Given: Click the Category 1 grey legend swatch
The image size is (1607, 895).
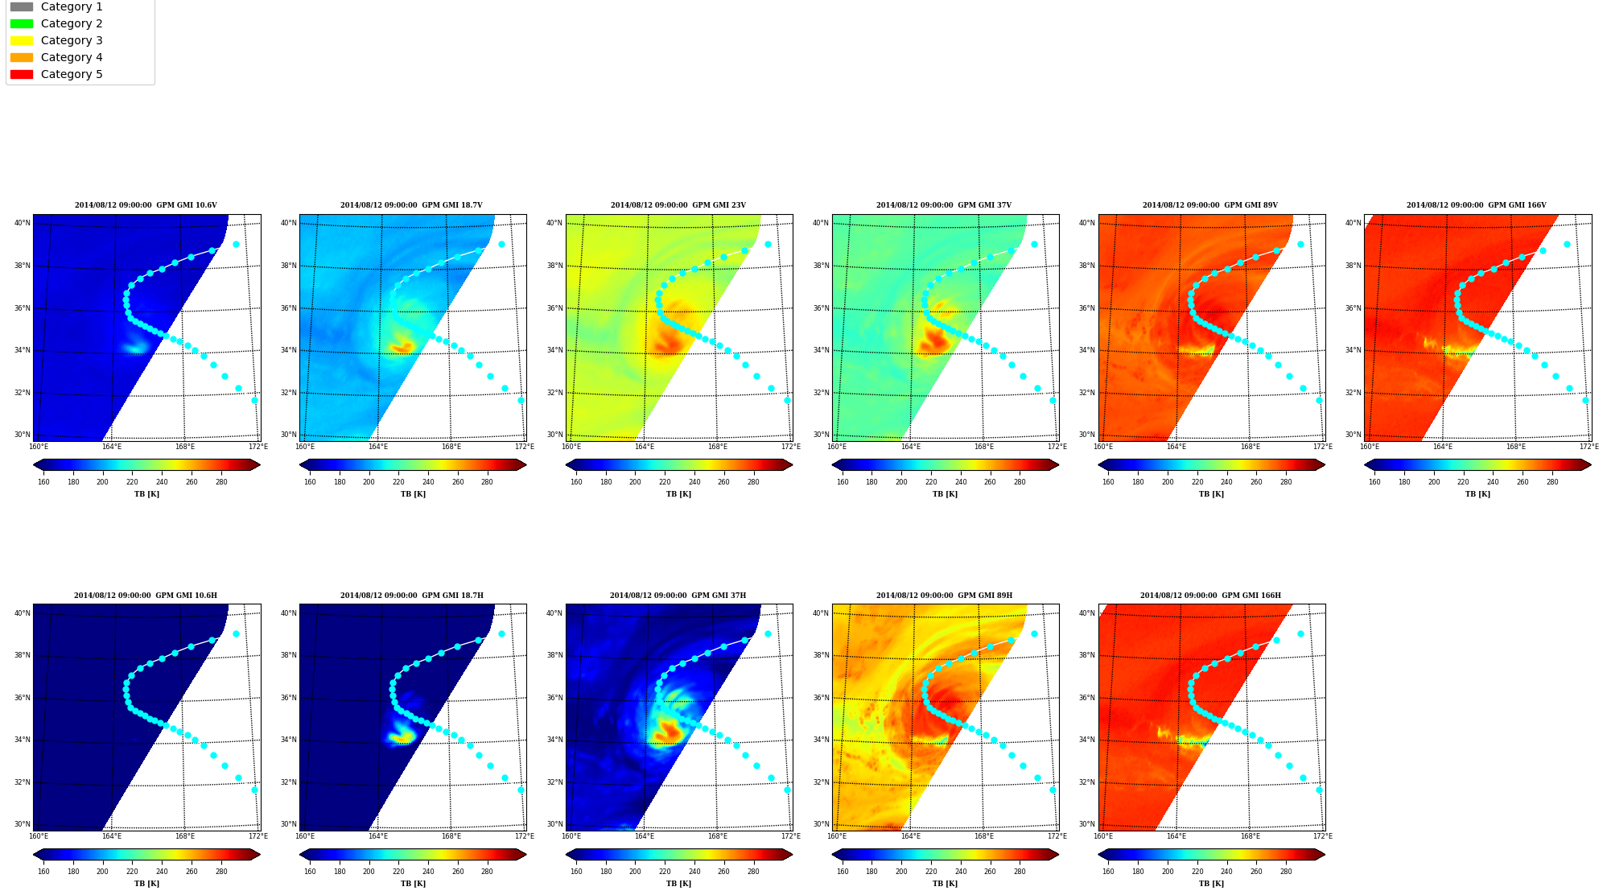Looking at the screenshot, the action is click(22, 6).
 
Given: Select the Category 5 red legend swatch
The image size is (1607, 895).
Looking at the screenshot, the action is click(22, 74).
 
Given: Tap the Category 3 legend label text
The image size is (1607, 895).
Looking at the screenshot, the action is click(72, 40).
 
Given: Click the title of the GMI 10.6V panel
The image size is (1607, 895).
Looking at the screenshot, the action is click(146, 205).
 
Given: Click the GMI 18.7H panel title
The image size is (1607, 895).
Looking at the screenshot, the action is click(411, 596).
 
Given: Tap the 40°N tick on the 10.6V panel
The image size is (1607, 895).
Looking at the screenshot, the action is click(23, 223).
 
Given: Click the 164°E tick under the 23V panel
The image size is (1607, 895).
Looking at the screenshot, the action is click(644, 447).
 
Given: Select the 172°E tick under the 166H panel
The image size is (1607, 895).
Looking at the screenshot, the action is click(1322, 836).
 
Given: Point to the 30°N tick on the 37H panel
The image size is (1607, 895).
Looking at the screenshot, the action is click(554, 824).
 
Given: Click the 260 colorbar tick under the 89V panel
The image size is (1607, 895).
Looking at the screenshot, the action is click(1256, 482).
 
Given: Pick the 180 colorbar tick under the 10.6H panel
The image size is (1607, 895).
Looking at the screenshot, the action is click(73, 872).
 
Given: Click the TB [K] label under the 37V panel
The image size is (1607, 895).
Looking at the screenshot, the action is click(945, 494).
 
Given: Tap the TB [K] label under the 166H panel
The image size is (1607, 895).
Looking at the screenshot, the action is click(1211, 884).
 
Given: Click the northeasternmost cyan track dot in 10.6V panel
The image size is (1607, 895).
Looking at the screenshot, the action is click(236, 244).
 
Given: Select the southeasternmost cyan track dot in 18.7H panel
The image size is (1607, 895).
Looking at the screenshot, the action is click(521, 790).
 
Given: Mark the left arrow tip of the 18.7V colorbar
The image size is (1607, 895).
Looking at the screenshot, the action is click(299, 464).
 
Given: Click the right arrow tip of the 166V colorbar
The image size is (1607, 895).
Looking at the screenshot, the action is click(1591, 464).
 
